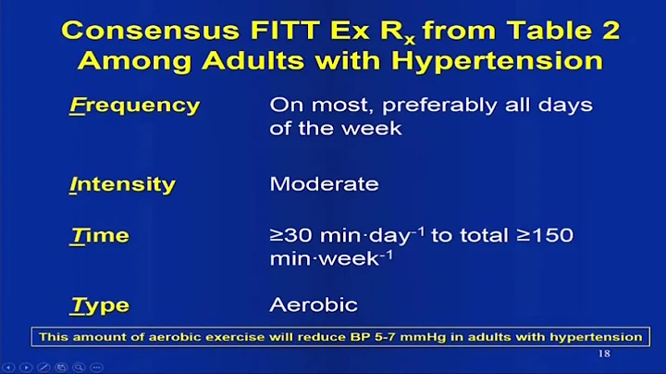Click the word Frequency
tap(134, 105)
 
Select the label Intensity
tap(122, 184)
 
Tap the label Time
tap(100, 236)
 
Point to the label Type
tap(100, 305)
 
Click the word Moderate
tap(324, 183)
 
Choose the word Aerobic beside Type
tap(313, 305)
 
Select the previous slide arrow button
tap(9, 368)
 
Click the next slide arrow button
tap(25, 368)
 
